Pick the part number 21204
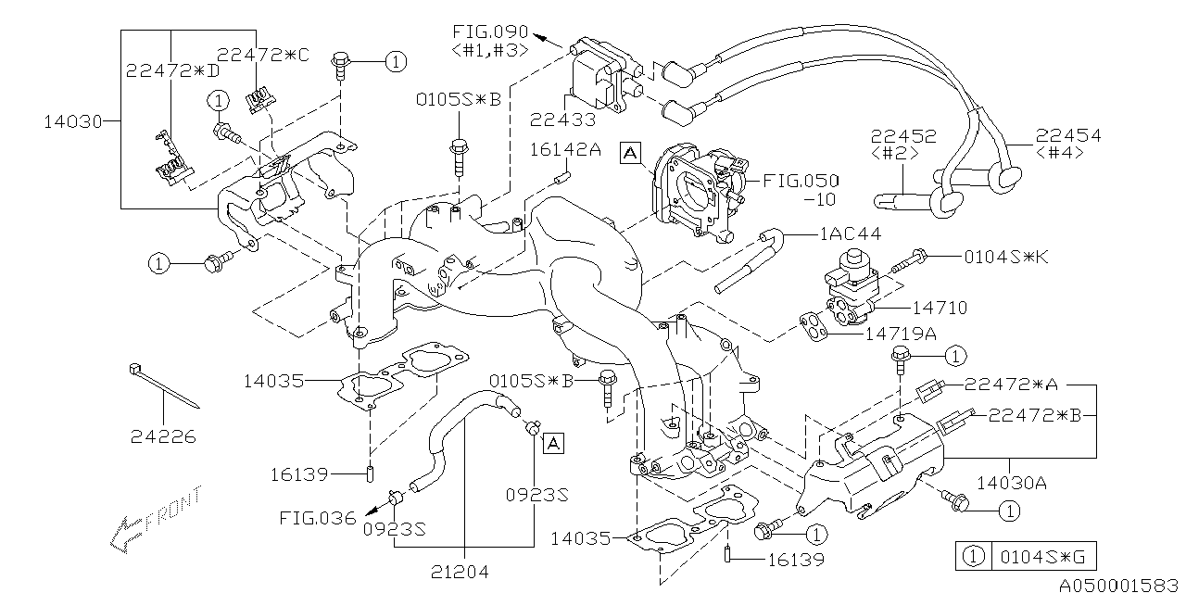pyautogui.click(x=462, y=572)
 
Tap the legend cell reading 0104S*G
pyautogui.click(x=1037, y=558)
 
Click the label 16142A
pyautogui.click(x=564, y=148)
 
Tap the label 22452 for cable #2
pyautogui.click(x=903, y=136)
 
